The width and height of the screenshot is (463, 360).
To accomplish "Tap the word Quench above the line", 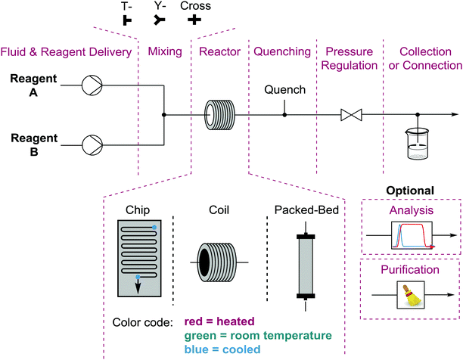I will pos(284,91).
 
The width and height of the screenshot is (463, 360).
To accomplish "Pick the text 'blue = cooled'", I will pos(219,349).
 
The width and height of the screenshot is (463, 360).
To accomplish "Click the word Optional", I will pos(410,190).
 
